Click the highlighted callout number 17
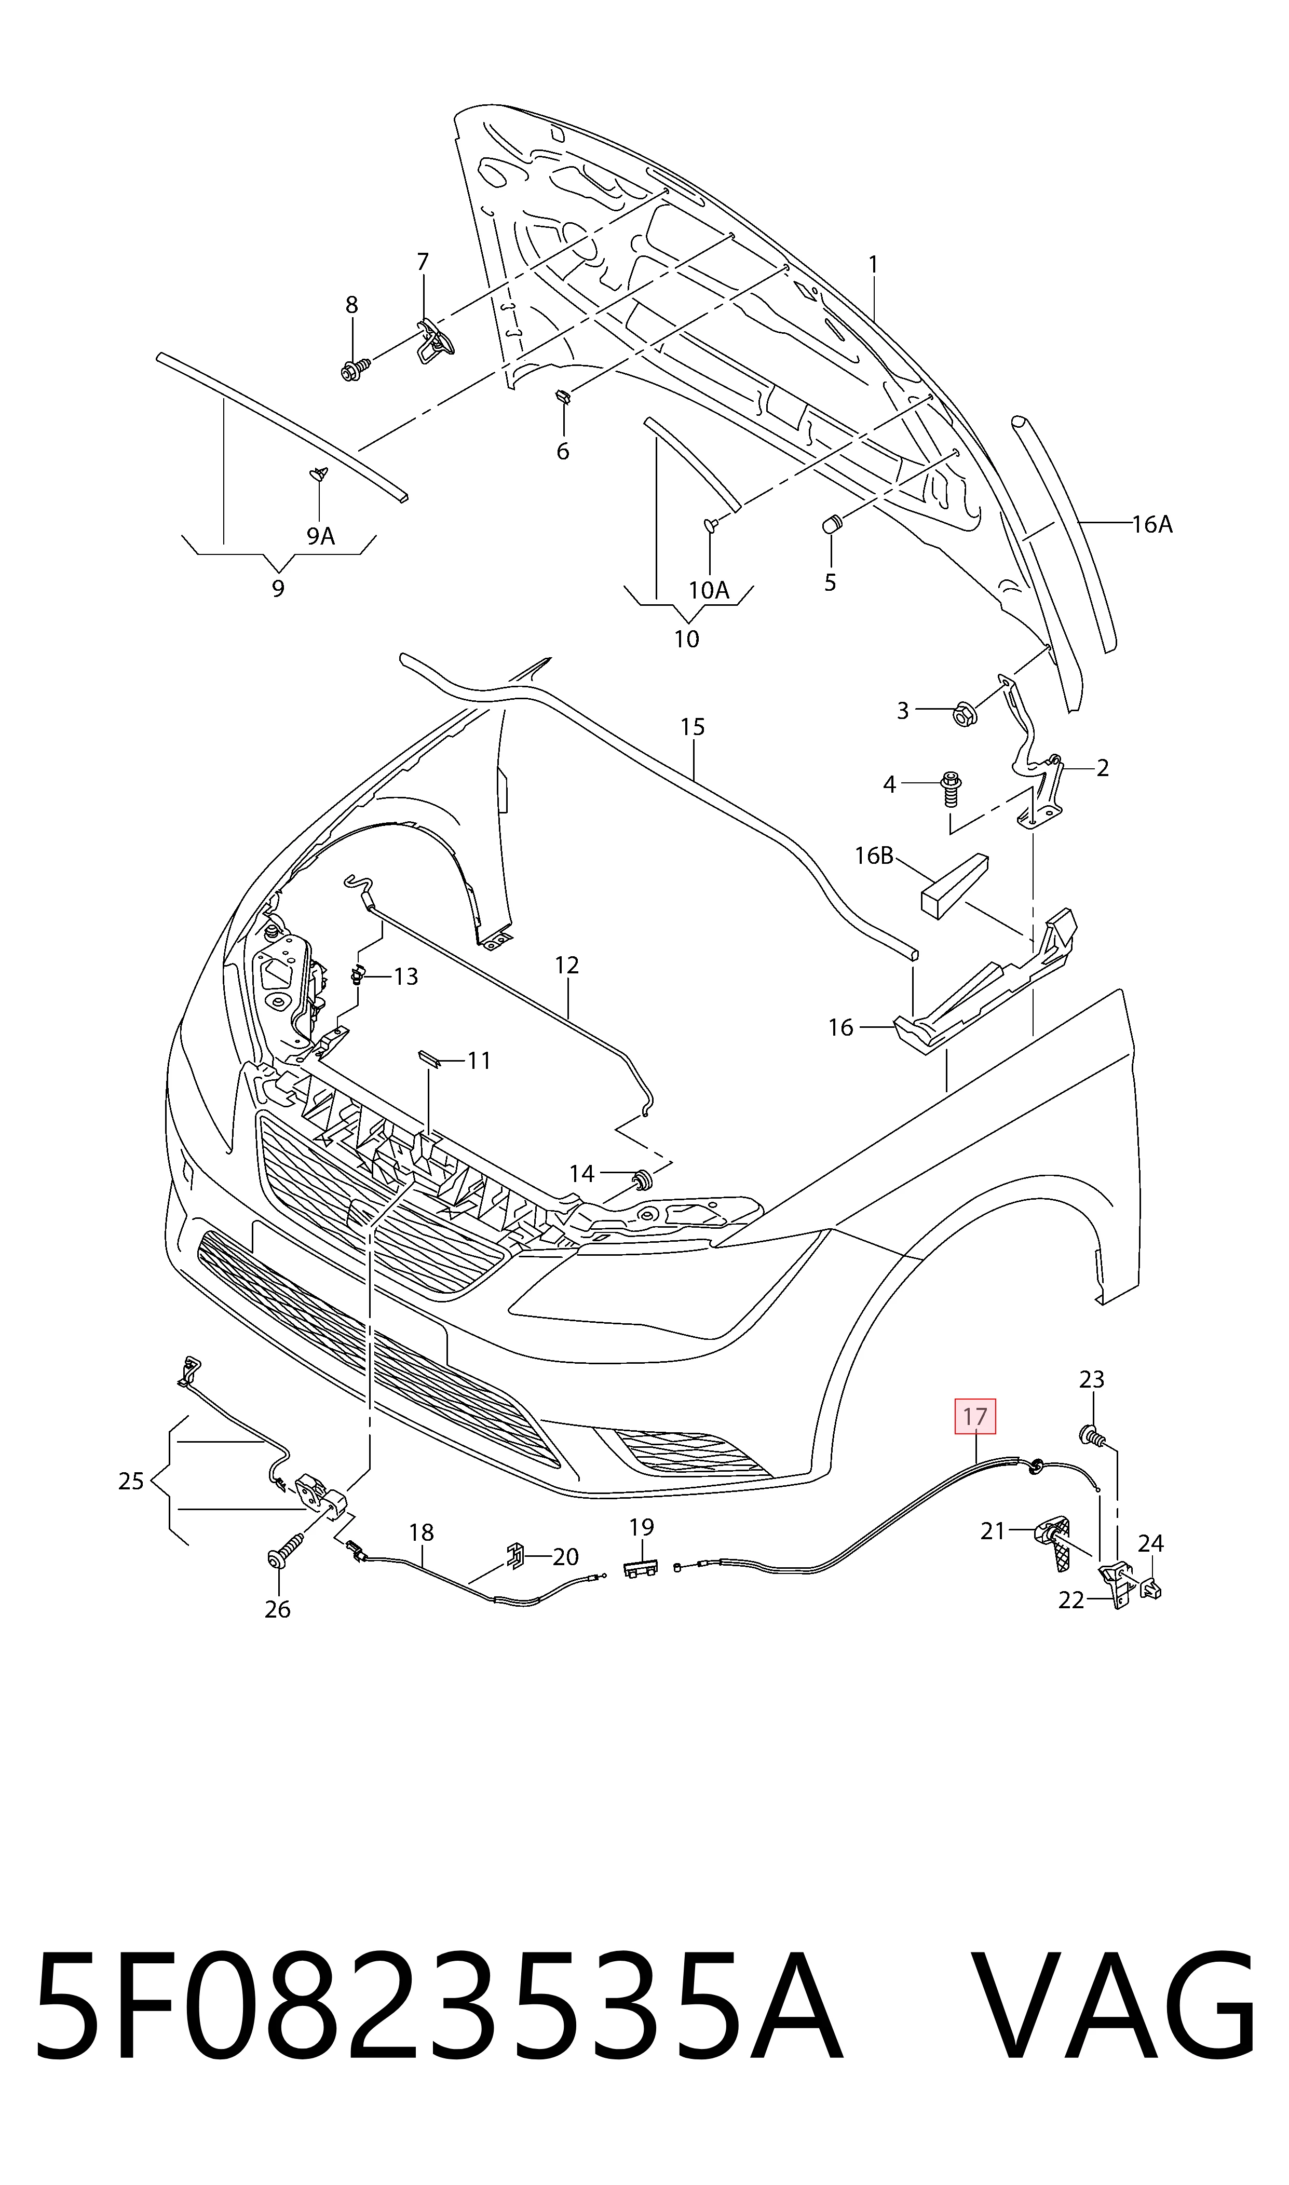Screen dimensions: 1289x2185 pyautogui.click(x=974, y=1416)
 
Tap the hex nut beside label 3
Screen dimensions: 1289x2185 pyautogui.click(x=965, y=713)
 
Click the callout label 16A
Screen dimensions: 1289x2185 pyautogui.click(x=1152, y=524)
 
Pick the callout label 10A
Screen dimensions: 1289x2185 pyautogui.click(x=708, y=591)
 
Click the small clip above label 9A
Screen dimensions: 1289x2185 pyautogui.click(x=320, y=474)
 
